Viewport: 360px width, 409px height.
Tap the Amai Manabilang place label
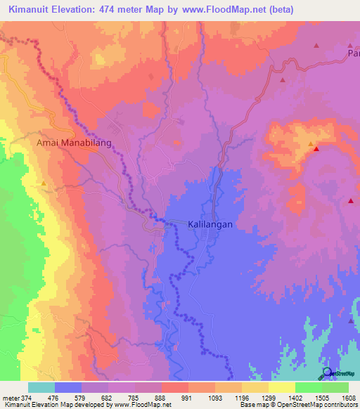(x=74, y=142)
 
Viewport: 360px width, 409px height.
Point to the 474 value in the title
(x=116, y=10)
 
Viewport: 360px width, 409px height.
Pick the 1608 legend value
(x=349, y=398)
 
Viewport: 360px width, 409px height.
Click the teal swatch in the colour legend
(x=41, y=387)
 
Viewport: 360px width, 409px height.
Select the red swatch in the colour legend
(x=174, y=387)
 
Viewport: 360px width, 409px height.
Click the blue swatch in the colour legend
(x=67, y=387)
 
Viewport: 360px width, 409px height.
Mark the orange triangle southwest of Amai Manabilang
(x=44, y=184)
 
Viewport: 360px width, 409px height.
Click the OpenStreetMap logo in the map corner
(x=328, y=372)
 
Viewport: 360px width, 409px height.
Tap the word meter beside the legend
(x=10, y=398)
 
